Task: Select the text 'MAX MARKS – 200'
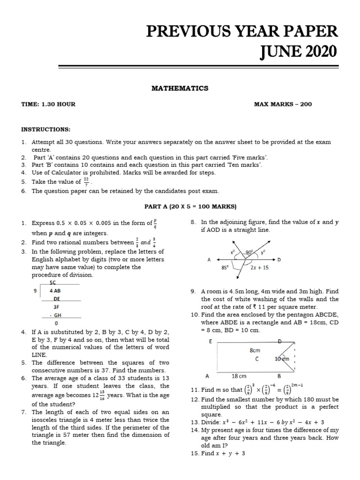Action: (283, 104)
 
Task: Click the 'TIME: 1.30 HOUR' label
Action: (48, 104)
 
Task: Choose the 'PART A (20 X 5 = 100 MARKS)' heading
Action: (190, 206)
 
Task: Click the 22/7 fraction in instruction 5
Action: (86, 181)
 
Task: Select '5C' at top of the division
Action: (52, 283)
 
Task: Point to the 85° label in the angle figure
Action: (212, 268)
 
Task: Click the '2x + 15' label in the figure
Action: (259, 268)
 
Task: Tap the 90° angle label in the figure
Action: (249, 252)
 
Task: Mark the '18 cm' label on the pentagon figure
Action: (240, 376)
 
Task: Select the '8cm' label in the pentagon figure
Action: (255, 350)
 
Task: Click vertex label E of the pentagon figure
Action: (210, 342)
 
